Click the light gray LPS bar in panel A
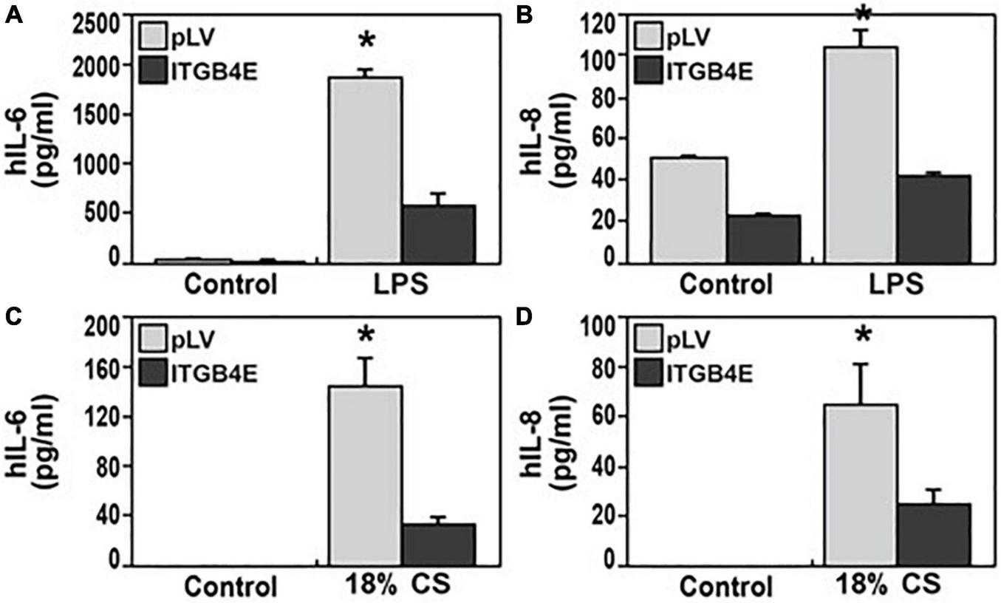coord(365,169)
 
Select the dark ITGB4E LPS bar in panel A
coord(438,234)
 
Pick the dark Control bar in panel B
coord(762,238)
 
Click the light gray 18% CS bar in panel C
coord(365,475)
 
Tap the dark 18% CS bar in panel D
coord(933,534)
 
